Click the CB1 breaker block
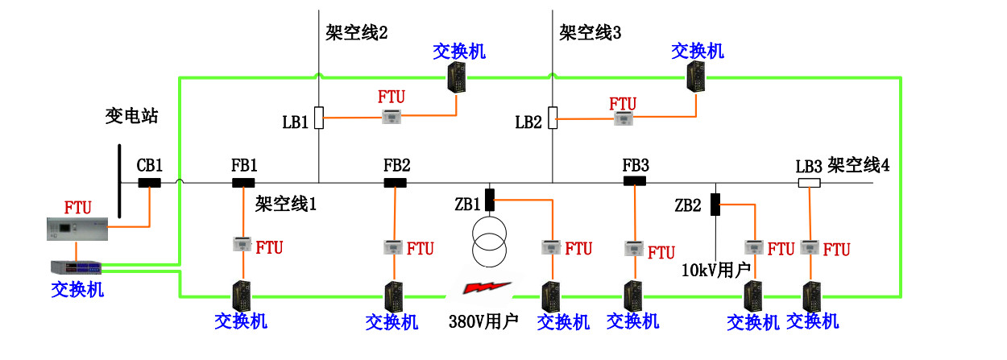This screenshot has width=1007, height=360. pyautogui.click(x=149, y=183)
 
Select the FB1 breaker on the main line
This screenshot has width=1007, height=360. pyautogui.click(x=243, y=183)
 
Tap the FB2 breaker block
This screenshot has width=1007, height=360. pyautogui.click(x=395, y=183)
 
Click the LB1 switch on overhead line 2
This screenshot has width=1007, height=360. pyautogui.click(x=319, y=118)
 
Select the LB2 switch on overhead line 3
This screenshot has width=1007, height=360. pyautogui.click(x=553, y=118)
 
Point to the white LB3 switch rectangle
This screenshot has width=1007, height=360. pyautogui.click(x=808, y=183)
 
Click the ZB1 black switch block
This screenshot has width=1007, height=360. pyautogui.click(x=488, y=198)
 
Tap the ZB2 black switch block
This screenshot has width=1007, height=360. pyautogui.click(x=715, y=205)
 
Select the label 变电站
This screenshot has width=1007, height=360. pyautogui.click(x=131, y=116)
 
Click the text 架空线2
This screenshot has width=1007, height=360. pyautogui.click(x=357, y=33)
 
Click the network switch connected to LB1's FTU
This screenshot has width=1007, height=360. pyautogui.click(x=459, y=78)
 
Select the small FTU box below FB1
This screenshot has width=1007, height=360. pyautogui.click(x=242, y=244)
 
